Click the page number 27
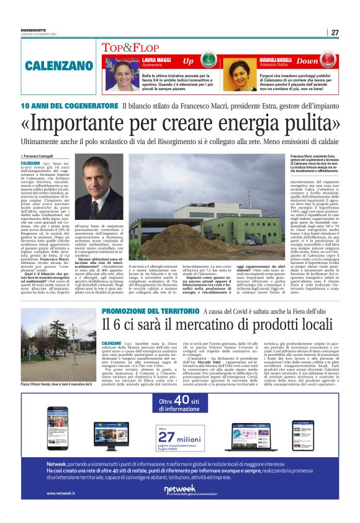pyautogui.click(x=335, y=32)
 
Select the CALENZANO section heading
pyautogui.click(x=60, y=65)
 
